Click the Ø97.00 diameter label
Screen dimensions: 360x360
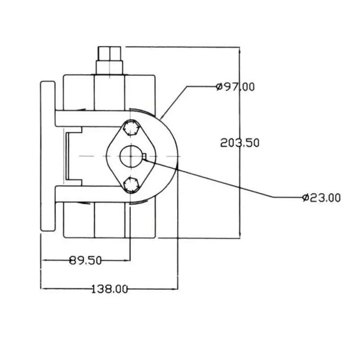(x=235, y=87)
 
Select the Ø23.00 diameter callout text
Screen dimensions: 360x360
(x=321, y=198)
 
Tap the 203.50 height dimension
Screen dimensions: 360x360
(x=240, y=143)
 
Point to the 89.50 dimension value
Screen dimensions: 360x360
(x=85, y=261)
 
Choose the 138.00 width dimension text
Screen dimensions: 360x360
(x=109, y=289)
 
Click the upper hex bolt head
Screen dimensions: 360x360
(x=131, y=128)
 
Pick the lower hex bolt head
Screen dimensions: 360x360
(x=131, y=185)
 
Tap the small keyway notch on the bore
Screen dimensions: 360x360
(x=144, y=157)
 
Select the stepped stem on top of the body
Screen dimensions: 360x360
(x=109, y=61)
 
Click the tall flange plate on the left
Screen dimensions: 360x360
(x=48, y=156)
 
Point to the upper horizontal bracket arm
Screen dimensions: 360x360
(x=92, y=118)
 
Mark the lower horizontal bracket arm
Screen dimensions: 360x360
(x=92, y=194)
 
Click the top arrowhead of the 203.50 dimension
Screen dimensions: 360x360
(x=240, y=50)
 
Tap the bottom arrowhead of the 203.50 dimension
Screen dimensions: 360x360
(x=240, y=234)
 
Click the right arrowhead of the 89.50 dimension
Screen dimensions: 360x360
(x=126, y=261)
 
